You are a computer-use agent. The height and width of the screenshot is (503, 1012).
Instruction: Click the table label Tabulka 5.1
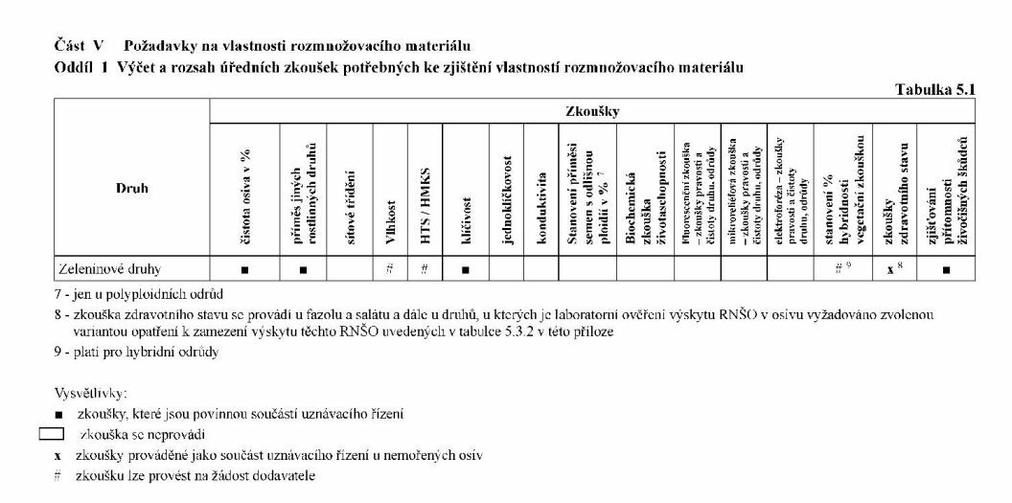[x=934, y=89]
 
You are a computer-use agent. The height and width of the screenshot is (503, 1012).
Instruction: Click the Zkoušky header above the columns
[x=593, y=112]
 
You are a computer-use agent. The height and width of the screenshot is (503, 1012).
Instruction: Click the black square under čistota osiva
[x=245, y=270]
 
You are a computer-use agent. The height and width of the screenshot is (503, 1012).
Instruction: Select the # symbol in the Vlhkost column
[x=390, y=269]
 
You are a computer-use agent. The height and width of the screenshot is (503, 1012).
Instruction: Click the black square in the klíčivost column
[x=465, y=270]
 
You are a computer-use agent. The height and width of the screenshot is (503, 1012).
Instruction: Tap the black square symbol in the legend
[x=58, y=415]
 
